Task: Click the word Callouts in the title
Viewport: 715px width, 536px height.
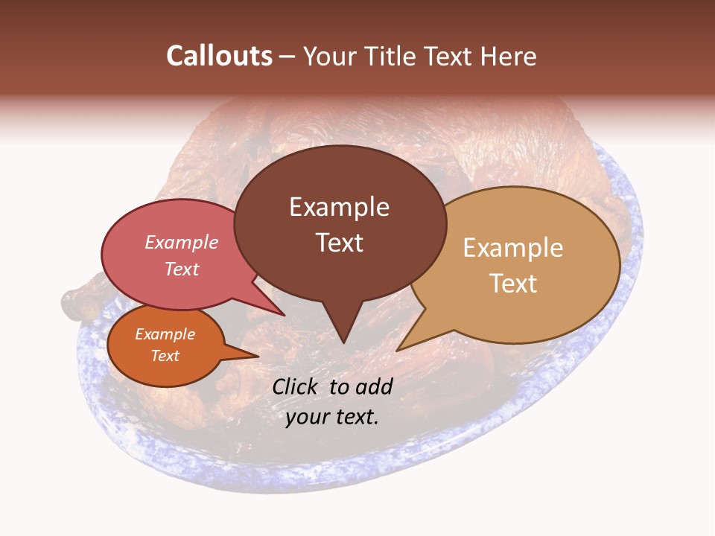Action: pyautogui.click(x=219, y=56)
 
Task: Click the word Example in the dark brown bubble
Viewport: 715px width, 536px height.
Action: pyautogui.click(x=339, y=207)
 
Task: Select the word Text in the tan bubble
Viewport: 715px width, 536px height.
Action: pyautogui.click(x=513, y=284)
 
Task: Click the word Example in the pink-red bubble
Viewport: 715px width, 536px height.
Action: pyautogui.click(x=182, y=243)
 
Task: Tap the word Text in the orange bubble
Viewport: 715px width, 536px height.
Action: pyautogui.click(x=165, y=356)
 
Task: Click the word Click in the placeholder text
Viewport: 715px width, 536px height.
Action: pyautogui.click(x=296, y=386)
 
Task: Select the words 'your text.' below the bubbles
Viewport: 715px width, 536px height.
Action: pyautogui.click(x=332, y=417)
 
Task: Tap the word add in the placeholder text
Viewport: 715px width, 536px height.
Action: pyautogui.click(x=374, y=386)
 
